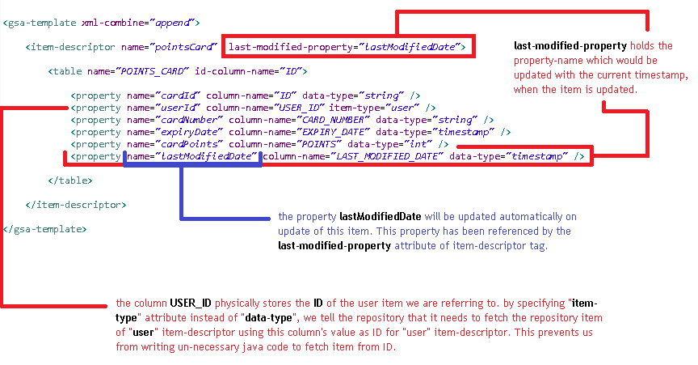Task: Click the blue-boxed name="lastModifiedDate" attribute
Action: coord(192,156)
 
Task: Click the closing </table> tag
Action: coord(70,180)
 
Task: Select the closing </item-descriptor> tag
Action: coord(76,205)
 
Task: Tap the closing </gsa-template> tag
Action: coord(45,229)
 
